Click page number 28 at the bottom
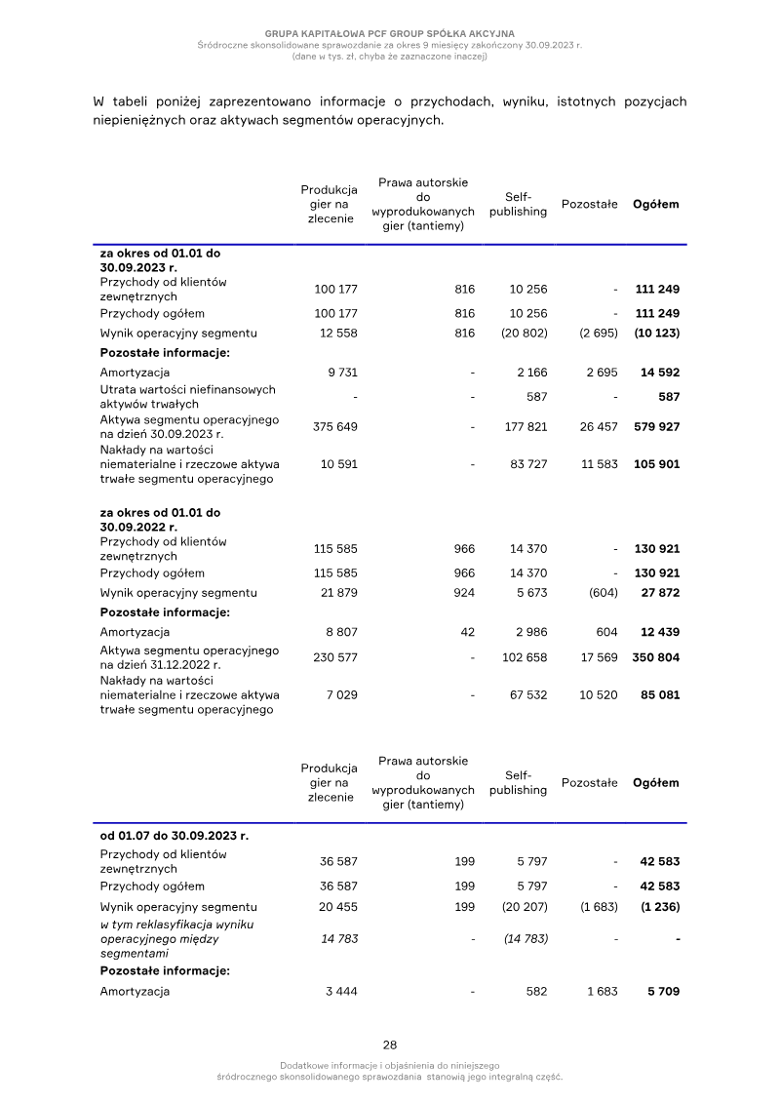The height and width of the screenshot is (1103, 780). pyautogui.click(x=390, y=1044)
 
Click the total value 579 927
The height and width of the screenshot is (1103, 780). pyautogui.click(x=656, y=427)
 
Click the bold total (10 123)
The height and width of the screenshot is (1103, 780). pyautogui.click(x=656, y=334)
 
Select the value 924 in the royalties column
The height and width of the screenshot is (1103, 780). pyautogui.click(x=464, y=593)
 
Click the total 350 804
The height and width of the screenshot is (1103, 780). pyautogui.click(x=656, y=657)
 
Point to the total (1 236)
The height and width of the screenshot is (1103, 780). pyautogui.click(x=659, y=907)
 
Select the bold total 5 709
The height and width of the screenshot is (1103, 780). pyautogui.click(x=663, y=992)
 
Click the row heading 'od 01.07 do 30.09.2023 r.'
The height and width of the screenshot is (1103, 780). pyautogui.click(x=174, y=836)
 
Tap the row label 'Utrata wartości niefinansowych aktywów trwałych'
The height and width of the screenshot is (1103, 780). pyautogui.click(x=187, y=396)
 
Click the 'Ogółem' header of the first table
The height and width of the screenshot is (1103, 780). pyautogui.click(x=656, y=205)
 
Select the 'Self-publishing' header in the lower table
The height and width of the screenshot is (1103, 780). pyautogui.click(x=518, y=783)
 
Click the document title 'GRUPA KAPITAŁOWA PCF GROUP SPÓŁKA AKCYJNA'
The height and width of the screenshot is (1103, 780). pyautogui.click(x=390, y=33)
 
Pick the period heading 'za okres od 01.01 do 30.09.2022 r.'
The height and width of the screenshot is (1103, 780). pyautogui.click(x=160, y=519)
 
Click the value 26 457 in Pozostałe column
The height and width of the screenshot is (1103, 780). pyautogui.click(x=599, y=427)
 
